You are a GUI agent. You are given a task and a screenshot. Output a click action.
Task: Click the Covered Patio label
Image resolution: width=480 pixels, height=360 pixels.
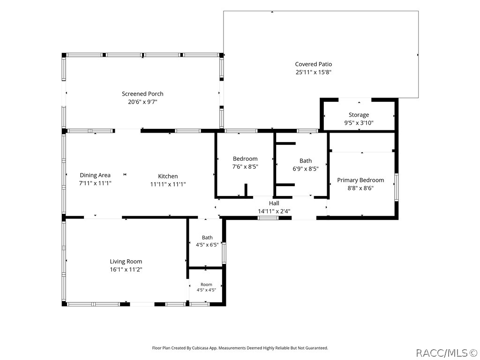tap(313, 64)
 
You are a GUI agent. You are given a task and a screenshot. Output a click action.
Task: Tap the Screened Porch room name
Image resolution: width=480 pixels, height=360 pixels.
tap(142, 94)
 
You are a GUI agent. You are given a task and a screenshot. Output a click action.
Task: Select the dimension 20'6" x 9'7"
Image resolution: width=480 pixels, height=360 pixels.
tap(142, 102)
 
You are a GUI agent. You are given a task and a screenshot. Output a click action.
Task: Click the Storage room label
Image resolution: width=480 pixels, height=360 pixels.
tap(359, 115)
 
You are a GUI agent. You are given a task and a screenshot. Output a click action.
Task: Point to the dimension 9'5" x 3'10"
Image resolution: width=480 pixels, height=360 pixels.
tap(359, 123)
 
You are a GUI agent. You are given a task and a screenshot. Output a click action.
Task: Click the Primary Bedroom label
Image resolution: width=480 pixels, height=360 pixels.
tap(360, 180)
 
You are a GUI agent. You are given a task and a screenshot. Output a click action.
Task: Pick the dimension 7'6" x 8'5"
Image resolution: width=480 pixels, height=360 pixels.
tap(245, 167)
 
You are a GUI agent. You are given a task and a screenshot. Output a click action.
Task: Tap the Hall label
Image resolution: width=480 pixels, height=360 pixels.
tap(274, 203)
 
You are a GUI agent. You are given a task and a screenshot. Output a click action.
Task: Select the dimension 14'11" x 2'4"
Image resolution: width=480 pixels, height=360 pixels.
tap(274, 211)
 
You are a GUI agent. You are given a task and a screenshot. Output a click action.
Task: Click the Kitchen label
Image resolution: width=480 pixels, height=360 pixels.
tap(168, 176)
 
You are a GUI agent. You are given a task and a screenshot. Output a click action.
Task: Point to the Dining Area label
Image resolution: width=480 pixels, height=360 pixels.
tap(95, 175)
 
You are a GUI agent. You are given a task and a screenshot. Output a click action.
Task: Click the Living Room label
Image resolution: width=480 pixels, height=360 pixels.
tap(126, 262)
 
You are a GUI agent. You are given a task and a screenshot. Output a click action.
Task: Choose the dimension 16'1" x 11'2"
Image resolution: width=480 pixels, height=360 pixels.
tap(126, 270)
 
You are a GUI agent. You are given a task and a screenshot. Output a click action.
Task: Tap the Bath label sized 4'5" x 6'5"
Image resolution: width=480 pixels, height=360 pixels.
tap(207, 238)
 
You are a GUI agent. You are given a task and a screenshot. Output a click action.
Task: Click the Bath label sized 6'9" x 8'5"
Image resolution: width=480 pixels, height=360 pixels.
tap(306, 161)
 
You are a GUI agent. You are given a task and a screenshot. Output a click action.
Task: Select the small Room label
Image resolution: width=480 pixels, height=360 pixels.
tap(206, 285)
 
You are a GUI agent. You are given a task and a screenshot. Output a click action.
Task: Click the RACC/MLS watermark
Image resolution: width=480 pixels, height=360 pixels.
tap(447, 353)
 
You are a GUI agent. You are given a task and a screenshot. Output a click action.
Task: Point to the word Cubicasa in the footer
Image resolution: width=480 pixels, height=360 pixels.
tap(201, 348)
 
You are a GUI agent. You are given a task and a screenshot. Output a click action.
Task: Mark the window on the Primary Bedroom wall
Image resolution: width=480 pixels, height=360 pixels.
tap(397, 187)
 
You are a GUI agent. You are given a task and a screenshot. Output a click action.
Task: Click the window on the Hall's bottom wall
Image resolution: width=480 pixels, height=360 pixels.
tap(268, 218)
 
